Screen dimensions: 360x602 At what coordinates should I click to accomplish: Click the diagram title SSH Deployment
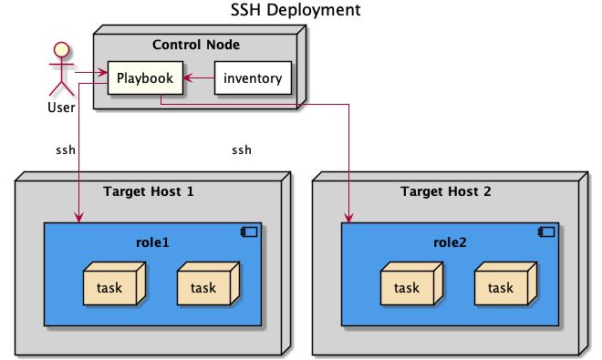point(301,11)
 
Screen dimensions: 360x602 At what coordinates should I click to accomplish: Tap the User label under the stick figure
point(62,108)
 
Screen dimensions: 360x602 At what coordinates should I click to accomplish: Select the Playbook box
point(145,78)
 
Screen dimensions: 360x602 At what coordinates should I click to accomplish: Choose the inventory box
point(253,78)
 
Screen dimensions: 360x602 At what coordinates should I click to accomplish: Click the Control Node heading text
point(195,45)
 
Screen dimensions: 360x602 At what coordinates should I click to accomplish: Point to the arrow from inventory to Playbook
point(199,78)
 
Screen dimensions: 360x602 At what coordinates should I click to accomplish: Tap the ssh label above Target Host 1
point(66,149)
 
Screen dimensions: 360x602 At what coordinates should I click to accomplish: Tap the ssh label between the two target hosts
point(241,149)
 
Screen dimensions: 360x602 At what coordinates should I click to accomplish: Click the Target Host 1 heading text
point(149,191)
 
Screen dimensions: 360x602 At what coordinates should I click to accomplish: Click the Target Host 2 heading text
point(445,191)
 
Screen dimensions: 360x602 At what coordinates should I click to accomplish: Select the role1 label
point(152,242)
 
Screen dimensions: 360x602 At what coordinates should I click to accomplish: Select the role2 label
point(450,242)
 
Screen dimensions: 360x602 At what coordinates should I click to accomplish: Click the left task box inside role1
point(109,288)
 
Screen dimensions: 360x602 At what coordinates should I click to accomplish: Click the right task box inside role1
point(203,288)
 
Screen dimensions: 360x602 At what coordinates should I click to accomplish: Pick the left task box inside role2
point(407,288)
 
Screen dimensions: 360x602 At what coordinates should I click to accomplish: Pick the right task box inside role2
point(501,288)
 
